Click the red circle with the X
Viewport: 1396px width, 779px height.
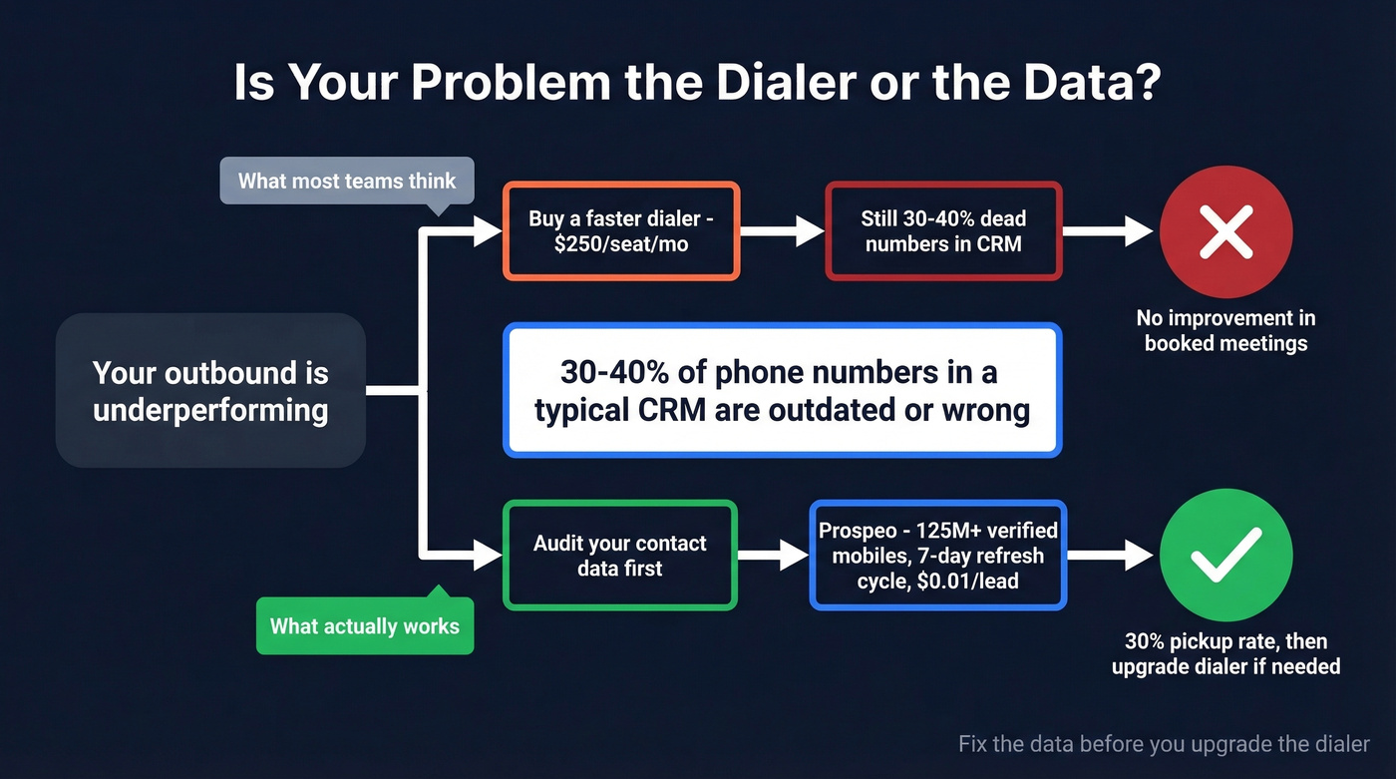(x=1225, y=232)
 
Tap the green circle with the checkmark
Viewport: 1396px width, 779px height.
(x=1225, y=556)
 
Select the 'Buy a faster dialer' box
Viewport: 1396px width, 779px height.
(x=620, y=231)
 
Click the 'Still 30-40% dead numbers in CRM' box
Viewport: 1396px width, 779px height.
(x=943, y=231)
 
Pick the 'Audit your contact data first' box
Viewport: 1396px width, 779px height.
(x=620, y=556)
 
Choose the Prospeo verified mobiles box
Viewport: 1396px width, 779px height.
(x=938, y=556)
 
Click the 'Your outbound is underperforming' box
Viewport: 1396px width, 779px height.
(x=210, y=391)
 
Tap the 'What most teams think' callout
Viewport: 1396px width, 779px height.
(x=346, y=182)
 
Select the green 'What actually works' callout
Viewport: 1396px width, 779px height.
(x=365, y=626)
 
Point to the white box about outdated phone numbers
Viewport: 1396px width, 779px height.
(x=783, y=391)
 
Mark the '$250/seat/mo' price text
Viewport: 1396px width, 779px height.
(x=621, y=243)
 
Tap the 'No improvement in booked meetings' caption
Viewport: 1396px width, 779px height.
(x=1225, y=331)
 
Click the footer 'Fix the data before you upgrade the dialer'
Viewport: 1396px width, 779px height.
(x=1164, y=744)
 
